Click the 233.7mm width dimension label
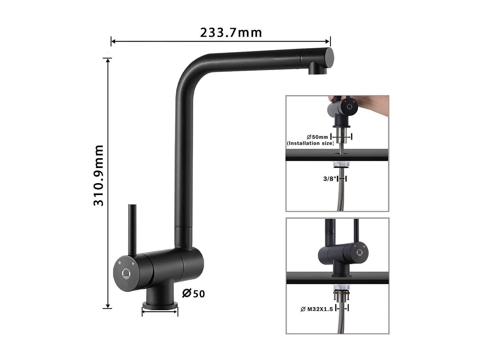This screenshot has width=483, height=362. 231,32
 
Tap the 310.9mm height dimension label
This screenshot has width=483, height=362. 99,175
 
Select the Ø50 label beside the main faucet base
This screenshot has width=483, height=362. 194,293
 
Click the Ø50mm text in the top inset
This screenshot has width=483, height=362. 317,137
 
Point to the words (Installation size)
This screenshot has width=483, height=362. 310,143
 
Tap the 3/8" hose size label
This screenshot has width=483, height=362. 330,179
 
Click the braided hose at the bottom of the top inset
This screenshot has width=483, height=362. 340,200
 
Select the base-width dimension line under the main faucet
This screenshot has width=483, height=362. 160,311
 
